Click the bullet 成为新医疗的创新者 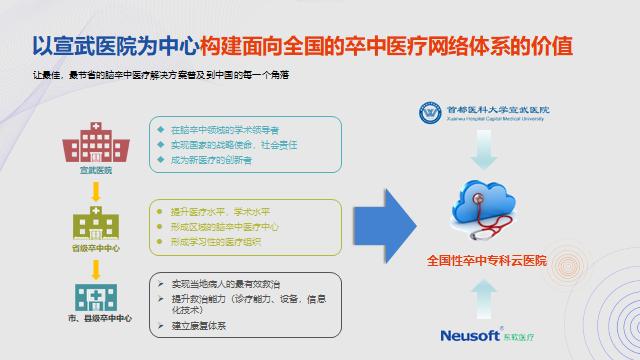click(208, 160)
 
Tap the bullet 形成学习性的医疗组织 click(215, 241)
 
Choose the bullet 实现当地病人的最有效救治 click(226, 284)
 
